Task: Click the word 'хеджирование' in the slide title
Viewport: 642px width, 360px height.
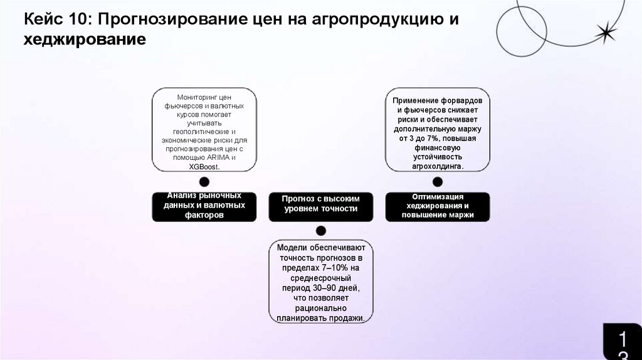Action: click(x=85, y=40)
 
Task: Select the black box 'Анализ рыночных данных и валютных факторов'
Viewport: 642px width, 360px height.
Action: click(x=204, y=206)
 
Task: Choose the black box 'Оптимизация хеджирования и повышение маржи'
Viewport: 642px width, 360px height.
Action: click(x=438, y=206)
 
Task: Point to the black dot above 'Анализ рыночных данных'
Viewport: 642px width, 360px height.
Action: click(x=204, y=182)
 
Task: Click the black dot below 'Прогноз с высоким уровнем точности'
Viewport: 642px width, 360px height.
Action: click(x=321, y=231)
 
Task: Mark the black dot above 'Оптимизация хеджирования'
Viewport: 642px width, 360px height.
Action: click(x=438, y=182)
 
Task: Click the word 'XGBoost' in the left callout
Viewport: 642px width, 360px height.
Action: click(x=203, y=166)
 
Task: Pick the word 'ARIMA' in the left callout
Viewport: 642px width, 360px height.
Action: click(x=215, y=157)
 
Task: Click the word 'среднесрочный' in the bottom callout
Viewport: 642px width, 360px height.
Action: click(x=321, y=278)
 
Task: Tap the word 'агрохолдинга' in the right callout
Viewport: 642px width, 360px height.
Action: click(x=436, y=166)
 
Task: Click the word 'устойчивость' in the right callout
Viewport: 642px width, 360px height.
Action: click(x=438, y=157)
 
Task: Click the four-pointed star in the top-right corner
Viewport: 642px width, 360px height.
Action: click(x=606, y=32)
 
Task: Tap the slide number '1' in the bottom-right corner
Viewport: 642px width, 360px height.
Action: click(x=623, y=339)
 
